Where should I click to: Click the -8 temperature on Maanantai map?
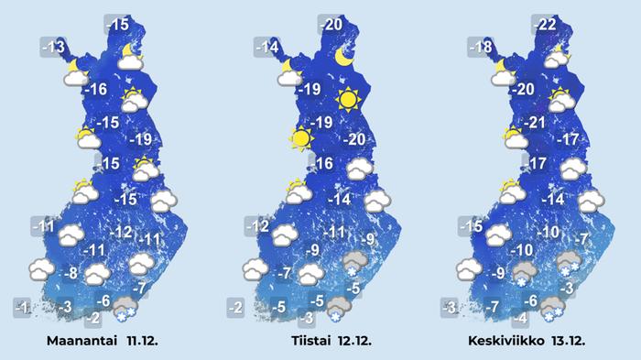click(69, 273)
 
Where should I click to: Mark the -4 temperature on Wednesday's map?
click(519, 318)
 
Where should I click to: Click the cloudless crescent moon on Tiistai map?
click(345, 58)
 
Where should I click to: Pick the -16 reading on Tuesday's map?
click(322, 164)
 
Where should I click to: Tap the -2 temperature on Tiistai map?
click(236, 307)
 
